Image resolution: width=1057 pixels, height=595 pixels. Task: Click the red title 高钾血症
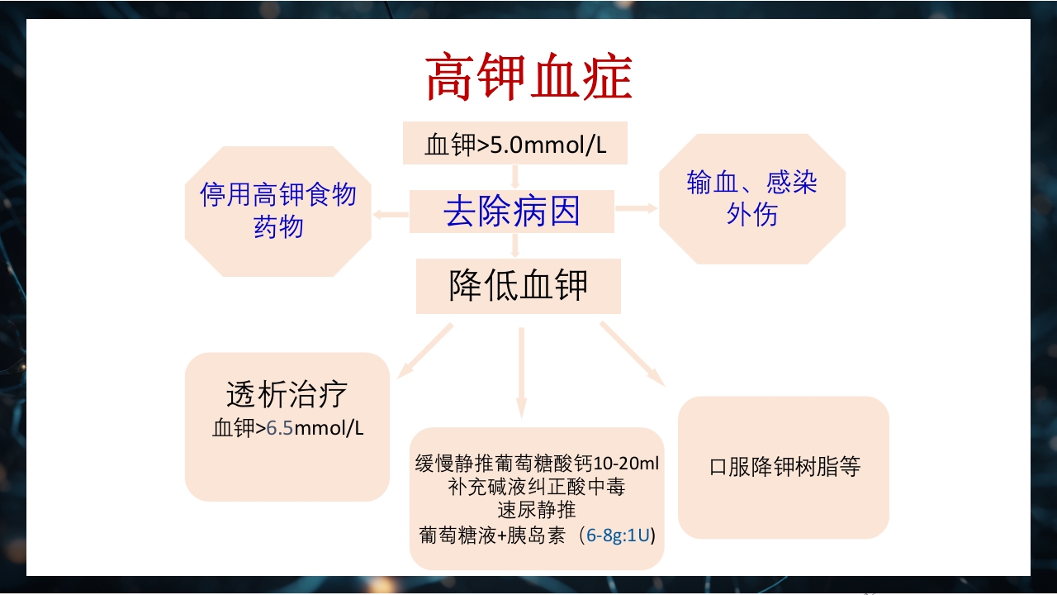click(528, 79)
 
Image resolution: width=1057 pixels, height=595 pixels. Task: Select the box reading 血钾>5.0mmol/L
click(515, 144)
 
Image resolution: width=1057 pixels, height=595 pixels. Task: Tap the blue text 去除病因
click(512, 212)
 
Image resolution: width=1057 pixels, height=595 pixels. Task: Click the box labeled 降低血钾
click(518, 286)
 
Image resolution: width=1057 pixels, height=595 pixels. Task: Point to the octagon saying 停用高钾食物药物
click(278, 211)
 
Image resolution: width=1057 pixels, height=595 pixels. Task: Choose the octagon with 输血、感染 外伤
click(751, 198)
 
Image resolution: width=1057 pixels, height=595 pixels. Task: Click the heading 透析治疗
click(287, 395)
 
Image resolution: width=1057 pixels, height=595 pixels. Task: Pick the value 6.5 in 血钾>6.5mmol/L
click(280, 428)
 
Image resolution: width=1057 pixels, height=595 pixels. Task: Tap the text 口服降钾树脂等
click(784, 467)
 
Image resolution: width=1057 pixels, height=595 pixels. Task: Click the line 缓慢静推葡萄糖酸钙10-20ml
click(537, 463)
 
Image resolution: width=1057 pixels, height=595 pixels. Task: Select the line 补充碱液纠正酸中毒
click(537, 487)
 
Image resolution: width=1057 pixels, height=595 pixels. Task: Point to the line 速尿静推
click(537, 510)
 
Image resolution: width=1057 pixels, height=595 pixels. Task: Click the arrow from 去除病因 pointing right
click(636, 208)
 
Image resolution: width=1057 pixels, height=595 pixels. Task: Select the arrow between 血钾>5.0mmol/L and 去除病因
click(514, 176)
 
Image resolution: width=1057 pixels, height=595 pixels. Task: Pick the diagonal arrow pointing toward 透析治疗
click(425, 350)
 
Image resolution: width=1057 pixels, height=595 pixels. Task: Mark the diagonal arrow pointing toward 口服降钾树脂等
click(633, 354)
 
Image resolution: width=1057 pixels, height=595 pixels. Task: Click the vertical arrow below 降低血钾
click(521, 372)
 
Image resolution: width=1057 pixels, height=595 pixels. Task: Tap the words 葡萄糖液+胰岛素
click(492, 535)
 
